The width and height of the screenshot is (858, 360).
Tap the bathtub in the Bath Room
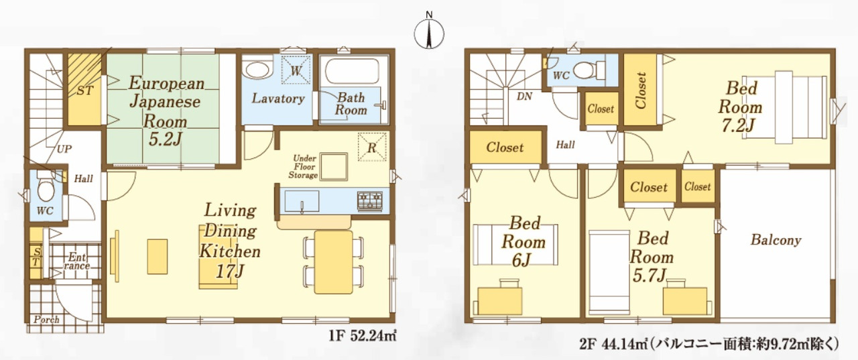(352, 71)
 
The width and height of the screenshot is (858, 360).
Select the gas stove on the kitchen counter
(370, 201)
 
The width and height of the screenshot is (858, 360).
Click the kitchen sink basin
(302, 201)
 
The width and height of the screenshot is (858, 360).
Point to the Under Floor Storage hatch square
(334, 167)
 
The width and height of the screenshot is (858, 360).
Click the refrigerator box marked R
(372, 147)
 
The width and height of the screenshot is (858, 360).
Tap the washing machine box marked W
(296, 70)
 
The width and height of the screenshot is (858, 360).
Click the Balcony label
(776, 240)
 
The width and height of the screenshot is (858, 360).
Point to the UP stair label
(64, 149)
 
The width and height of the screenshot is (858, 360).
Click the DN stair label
(524, 97)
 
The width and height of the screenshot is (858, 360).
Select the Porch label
(46, 319)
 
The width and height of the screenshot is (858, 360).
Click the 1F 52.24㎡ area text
(362, 336)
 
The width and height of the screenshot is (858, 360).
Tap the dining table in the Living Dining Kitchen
(334, 262)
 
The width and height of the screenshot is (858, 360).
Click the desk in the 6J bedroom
(499, 301)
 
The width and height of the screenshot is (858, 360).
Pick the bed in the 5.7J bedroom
(609, 273)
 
